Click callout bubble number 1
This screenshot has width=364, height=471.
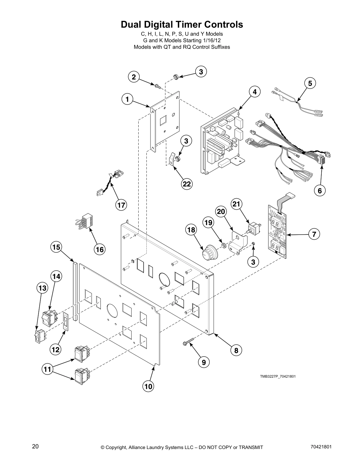pyautogui.click(x=127, y=99)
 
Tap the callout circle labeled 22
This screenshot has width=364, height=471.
pyautogui.click(x=186, y=184)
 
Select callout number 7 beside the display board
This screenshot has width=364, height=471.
pyautogui.click(x=314, y=234)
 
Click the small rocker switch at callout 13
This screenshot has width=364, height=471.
pyautogui.click(x=39, y=336)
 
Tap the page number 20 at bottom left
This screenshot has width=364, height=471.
pyautogui.click(x=35, y=446)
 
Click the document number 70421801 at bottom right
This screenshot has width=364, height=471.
pyautogui.click(x=320, y=446)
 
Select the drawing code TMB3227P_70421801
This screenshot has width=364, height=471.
pyautogui.click(x=278, y=376)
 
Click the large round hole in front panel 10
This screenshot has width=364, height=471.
pyautogui.click(x=111, y=311)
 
